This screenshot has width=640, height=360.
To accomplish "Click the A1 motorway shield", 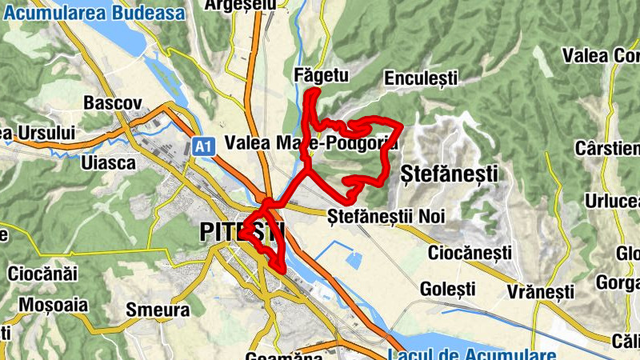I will point(203,146).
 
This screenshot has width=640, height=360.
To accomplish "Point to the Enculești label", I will point(421,78).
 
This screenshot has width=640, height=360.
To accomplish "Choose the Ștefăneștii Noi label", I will point(386,215).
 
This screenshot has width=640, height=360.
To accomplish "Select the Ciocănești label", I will point(470,253).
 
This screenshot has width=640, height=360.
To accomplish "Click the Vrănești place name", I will point(540,290).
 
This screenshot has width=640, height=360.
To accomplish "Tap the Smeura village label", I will point(158,310).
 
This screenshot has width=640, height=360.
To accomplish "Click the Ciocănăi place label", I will point(42,274).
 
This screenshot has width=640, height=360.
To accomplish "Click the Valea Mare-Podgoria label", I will point(311,142).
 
